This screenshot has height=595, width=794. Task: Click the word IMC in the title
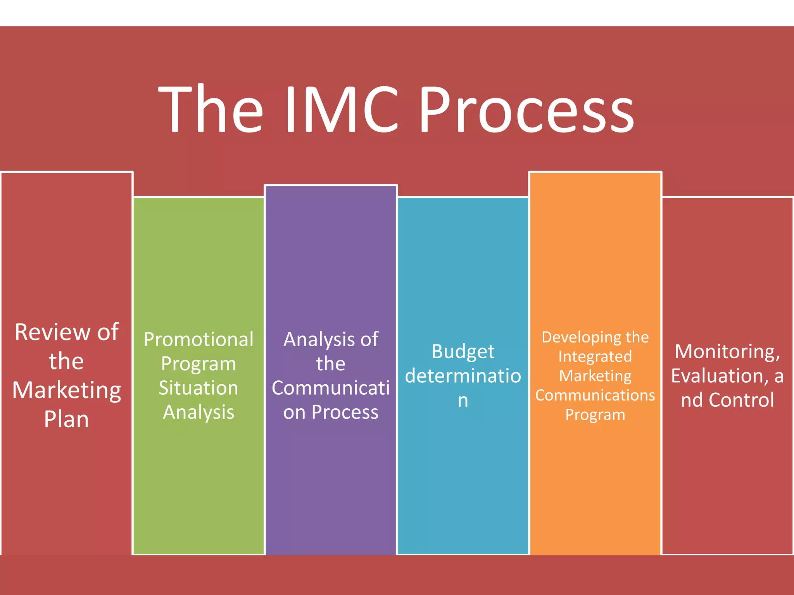(341, 110)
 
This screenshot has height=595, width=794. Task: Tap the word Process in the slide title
(526, 110)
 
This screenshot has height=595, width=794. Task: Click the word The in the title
(211, 110)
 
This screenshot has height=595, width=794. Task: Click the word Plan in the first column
(66, 420)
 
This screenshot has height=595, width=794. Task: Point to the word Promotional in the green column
(198, 340)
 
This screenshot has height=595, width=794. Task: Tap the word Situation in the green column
(198, 388)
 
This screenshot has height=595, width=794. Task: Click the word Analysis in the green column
(198, 413)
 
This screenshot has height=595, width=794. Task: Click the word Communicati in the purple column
(331, 388)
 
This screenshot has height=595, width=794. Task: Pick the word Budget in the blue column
(463, 352)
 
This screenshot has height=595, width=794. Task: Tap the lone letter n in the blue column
(463, 401)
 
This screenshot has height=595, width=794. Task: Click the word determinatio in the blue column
(463, 376)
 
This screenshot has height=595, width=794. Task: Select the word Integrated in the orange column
(595, 357)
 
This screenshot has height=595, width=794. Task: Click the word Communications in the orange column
(595, 396)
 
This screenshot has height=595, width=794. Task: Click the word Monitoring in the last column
(727, 352)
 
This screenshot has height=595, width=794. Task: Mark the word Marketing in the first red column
(66, 390)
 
